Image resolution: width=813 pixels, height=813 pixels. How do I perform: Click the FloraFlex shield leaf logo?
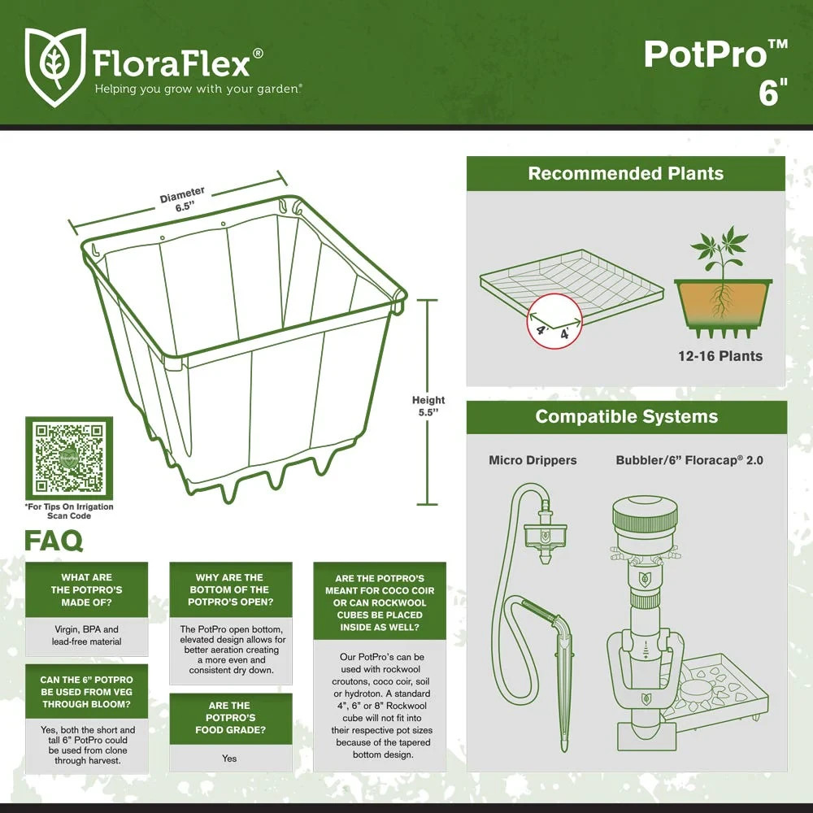(x=55, y=67)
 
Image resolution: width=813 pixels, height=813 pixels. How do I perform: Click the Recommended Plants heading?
(x=625, y=173)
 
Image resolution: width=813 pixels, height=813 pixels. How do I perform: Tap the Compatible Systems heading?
(x=626, y=417)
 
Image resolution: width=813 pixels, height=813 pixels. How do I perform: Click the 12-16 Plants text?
(x=720, y=355)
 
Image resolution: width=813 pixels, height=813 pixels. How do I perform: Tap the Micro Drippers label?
(x=533, y=460)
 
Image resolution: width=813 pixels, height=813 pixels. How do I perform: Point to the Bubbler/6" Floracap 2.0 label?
(x=689, y=460)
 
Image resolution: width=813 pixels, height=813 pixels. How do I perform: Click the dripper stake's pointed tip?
(x=562, y=746)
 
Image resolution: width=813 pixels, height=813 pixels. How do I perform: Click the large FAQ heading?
(x=54, y=541)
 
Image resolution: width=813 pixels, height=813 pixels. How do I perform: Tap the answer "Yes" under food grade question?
(x=229, y=758)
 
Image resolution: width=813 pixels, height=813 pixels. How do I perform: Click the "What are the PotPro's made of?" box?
(x=87, y=589)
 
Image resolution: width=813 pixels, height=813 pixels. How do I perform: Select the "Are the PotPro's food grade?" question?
(x=230, y=718)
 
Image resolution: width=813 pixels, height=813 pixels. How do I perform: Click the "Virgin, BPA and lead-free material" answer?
(x=87, y=635)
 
